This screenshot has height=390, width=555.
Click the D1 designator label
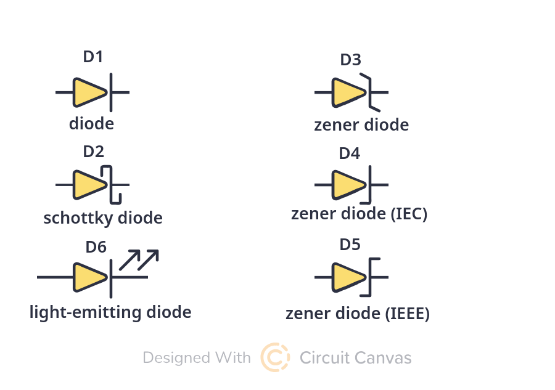pyautogui.click(x=93, y=57)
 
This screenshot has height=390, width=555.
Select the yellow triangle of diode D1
pyautogui.click(x=89, y=92)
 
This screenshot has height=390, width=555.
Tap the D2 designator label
pyautogui.click(x=94, y=152)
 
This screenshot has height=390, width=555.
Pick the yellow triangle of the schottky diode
pyautogui.click(x=89, y=185)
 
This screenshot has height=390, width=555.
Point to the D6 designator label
pyautogui.click(x=96, y=247)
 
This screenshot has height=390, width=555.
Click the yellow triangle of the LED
pyautogui.click(x=89, y=277)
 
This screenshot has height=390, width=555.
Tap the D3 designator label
pyautogui.click(x=351, y=60)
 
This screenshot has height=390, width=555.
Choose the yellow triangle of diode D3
pyautogui.click(x=348, y=92)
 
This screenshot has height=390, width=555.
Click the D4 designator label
pyautogui.click(x=350, y=153)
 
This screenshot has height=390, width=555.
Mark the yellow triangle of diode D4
pyautogui.click(x=348, y=185)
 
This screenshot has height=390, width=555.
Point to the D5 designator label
pyautogui.click(x=350, y=245)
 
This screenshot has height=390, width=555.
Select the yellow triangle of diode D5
pyautogui.click(x=348, y=277)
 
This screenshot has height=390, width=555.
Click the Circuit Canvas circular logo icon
pyautogui.click(x=275, y=357)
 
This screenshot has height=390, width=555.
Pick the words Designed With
pyautogui.click(x=197, y=358)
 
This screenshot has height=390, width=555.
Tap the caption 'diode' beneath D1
pyautogui.click(x=91, y=123)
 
